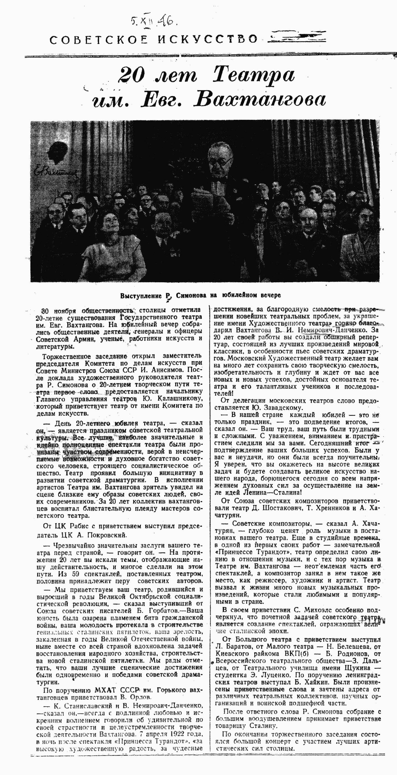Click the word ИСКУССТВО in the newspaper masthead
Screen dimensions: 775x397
(x=208, y=39)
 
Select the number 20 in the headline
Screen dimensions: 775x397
(x=132, y=76)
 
